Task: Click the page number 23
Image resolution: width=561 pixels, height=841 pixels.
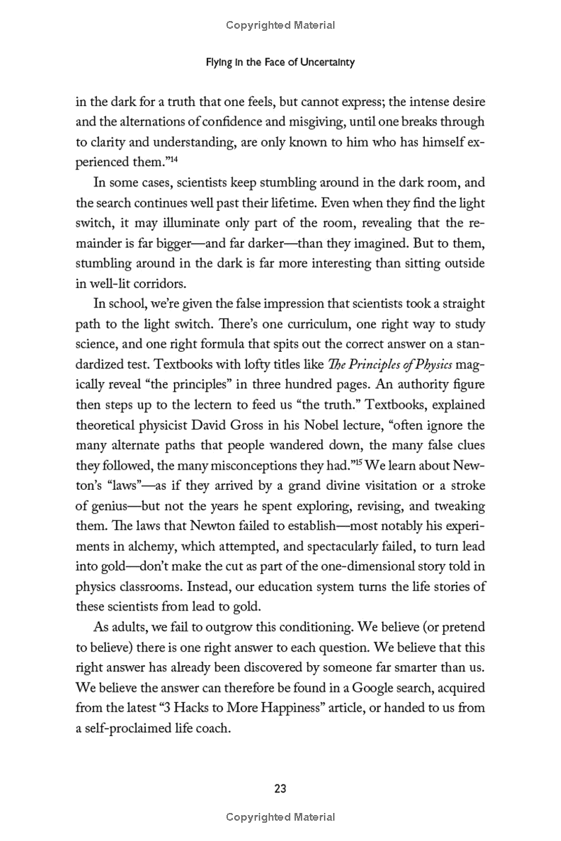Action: point(280,788)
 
